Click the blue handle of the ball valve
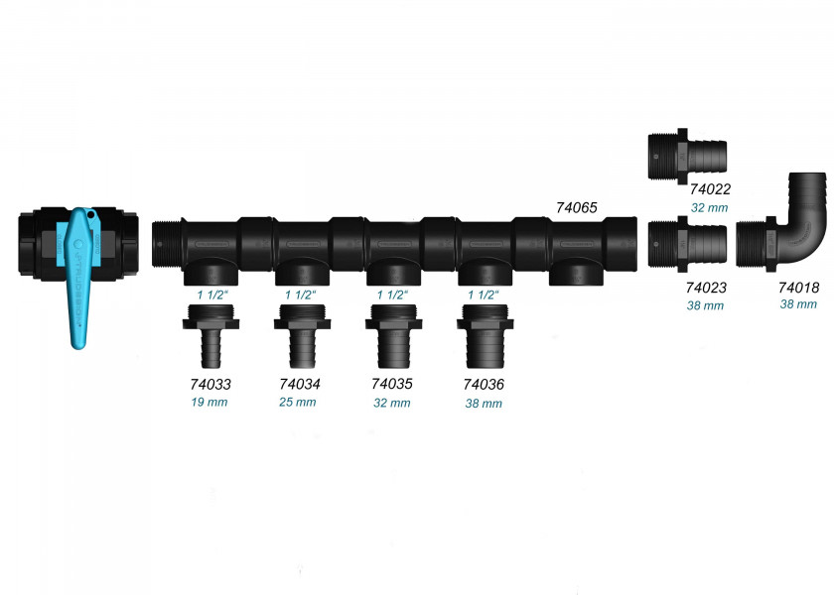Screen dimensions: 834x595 click(x=79, y=277)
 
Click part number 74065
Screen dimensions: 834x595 click(x=577, y=207)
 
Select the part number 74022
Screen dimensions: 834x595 click(x=710, y=189)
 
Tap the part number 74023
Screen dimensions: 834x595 click(x=706, y=288)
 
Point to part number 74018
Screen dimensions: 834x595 click(x=799, y=288)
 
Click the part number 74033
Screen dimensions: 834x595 click(x=210, y=384)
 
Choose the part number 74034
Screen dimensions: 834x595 click(x=300, y=384)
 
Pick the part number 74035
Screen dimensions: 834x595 click(x=392, y=384)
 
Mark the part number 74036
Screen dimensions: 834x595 click(x=484, y=384)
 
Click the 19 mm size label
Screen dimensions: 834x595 click(x=209, y=403)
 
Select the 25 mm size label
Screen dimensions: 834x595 click(x=297, y=403)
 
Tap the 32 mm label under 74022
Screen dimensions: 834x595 click(x=710, y=207)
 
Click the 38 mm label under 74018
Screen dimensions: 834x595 click(x=798, y=304)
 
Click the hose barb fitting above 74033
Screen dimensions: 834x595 click(x=210, y=336)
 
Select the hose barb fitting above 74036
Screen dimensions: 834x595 click(x=486, y=336)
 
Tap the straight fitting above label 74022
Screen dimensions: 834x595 click(x=687, y=157)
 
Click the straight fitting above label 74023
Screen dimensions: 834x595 click(x=687, y=244)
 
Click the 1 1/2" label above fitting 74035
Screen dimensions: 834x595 click(x=392, y=295)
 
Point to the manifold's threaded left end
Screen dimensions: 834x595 click(x=166, y=243)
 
